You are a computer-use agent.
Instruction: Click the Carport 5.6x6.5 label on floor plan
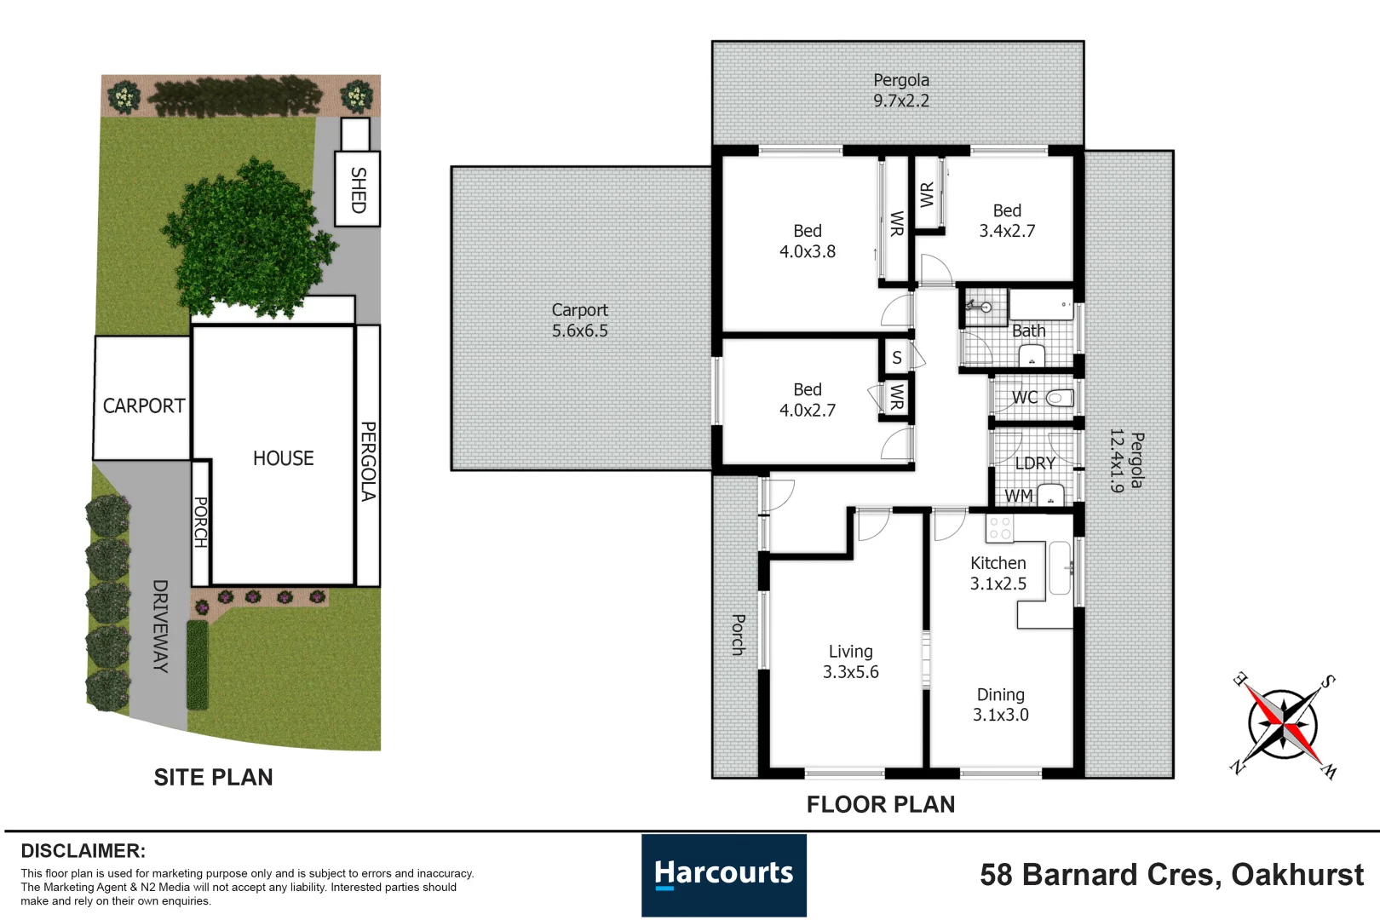pyautogui.click(x=579, y=320)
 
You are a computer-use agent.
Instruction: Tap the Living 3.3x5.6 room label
pyautogui.click(x=850, y=662)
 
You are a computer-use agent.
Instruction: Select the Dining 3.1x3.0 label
pyautogui.click(x=1000, y=704)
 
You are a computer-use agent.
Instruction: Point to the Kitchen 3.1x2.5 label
pyautogui.click(x=998, y=573)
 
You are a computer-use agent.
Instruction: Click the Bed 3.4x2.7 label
pyautogui.click(x=1007, y=221)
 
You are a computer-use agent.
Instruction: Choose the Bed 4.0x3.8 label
pyautogui.click(x=807, y=241)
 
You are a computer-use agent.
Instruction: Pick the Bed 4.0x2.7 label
pyautogui.click(x=807, y=400)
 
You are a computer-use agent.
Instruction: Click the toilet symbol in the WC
pyautogui.click(x=1059, y=398)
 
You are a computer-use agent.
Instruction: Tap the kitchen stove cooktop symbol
pyautogui.click(x=1000, y=528)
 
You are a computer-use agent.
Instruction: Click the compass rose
pyautogui.click(x=1283, y=725)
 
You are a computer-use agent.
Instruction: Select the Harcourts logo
pyautogui.click(x=723, y=875)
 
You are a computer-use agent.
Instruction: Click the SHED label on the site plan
pyautogui.click(x=358, y=189)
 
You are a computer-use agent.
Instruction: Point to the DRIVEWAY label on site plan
pyautogui.click(x=160, y=626)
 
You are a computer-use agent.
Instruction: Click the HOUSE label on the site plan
pyautogui.click(x=283, y=458)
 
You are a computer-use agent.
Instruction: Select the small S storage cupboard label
pyautogui.click(x=896, y=359)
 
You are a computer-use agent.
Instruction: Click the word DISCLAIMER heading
pyautogui.click(x=83, y=851)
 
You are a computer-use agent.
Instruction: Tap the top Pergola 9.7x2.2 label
pyautogui.click(x=900, y=90)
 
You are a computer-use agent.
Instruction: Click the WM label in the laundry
pyautogui.click(x=1019, y=496)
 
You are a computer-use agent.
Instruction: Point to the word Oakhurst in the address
pyautogui.click(x=1297, y=875)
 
